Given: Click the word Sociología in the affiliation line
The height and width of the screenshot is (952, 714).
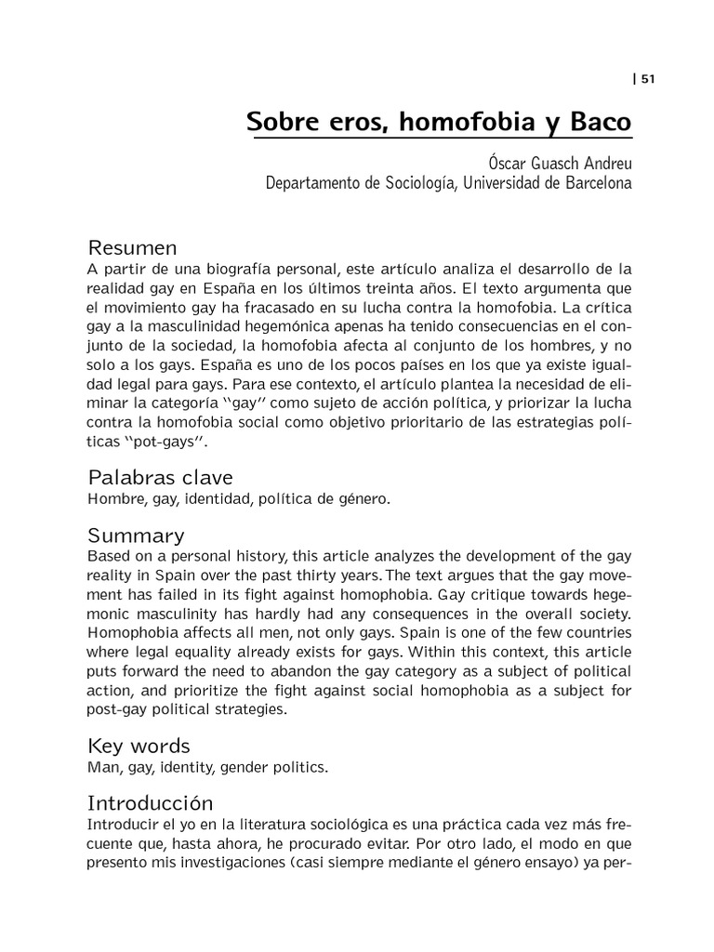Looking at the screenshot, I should (x=414, y=183).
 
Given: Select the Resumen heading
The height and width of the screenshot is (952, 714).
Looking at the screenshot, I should (x=132, y=248).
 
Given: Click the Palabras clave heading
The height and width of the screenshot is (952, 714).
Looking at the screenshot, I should (x=160, y=478).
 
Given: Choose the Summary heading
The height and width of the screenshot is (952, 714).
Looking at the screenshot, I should (x=136, y=535).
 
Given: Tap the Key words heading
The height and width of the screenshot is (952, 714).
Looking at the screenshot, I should (x=139, y=746).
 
